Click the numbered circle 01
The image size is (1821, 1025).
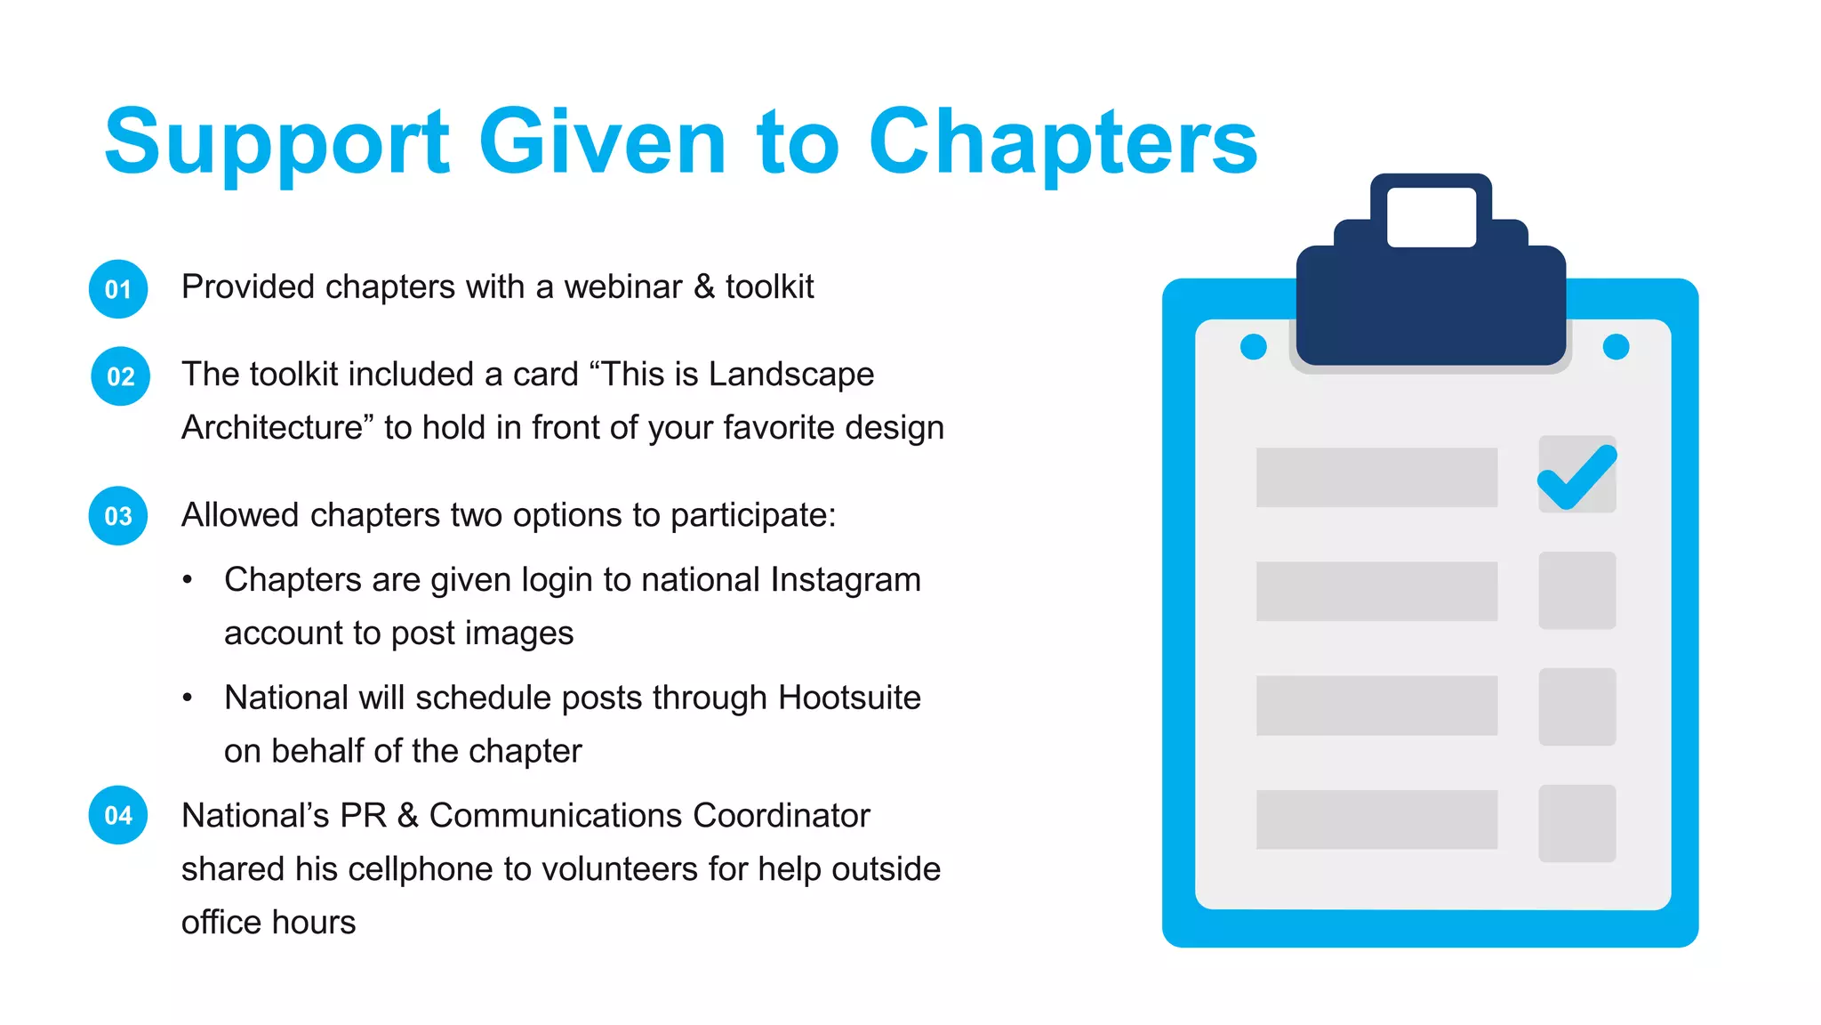click(118, 289)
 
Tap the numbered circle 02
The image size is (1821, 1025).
click(120, 376)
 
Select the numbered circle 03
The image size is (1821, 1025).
click(118, 516)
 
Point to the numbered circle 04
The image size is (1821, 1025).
click(118, 815)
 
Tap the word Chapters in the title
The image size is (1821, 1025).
click(1063, 142)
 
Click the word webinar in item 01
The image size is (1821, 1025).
click(622, 287)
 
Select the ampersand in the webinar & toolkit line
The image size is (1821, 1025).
click(704, 287)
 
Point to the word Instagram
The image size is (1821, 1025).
click(845, 580)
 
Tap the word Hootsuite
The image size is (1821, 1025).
click(849, 698)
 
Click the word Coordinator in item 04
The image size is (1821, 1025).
click(782, 816)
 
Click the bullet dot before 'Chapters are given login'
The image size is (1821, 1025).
click(187, 581)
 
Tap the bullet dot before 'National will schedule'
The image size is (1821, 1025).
click(187, 698)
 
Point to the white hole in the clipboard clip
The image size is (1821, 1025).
click(1432, 217)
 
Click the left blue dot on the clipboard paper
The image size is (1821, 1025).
click(1253, 347)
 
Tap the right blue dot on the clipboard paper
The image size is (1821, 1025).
click(1616, 347)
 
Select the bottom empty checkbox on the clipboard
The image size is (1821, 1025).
click(1576, 823)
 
